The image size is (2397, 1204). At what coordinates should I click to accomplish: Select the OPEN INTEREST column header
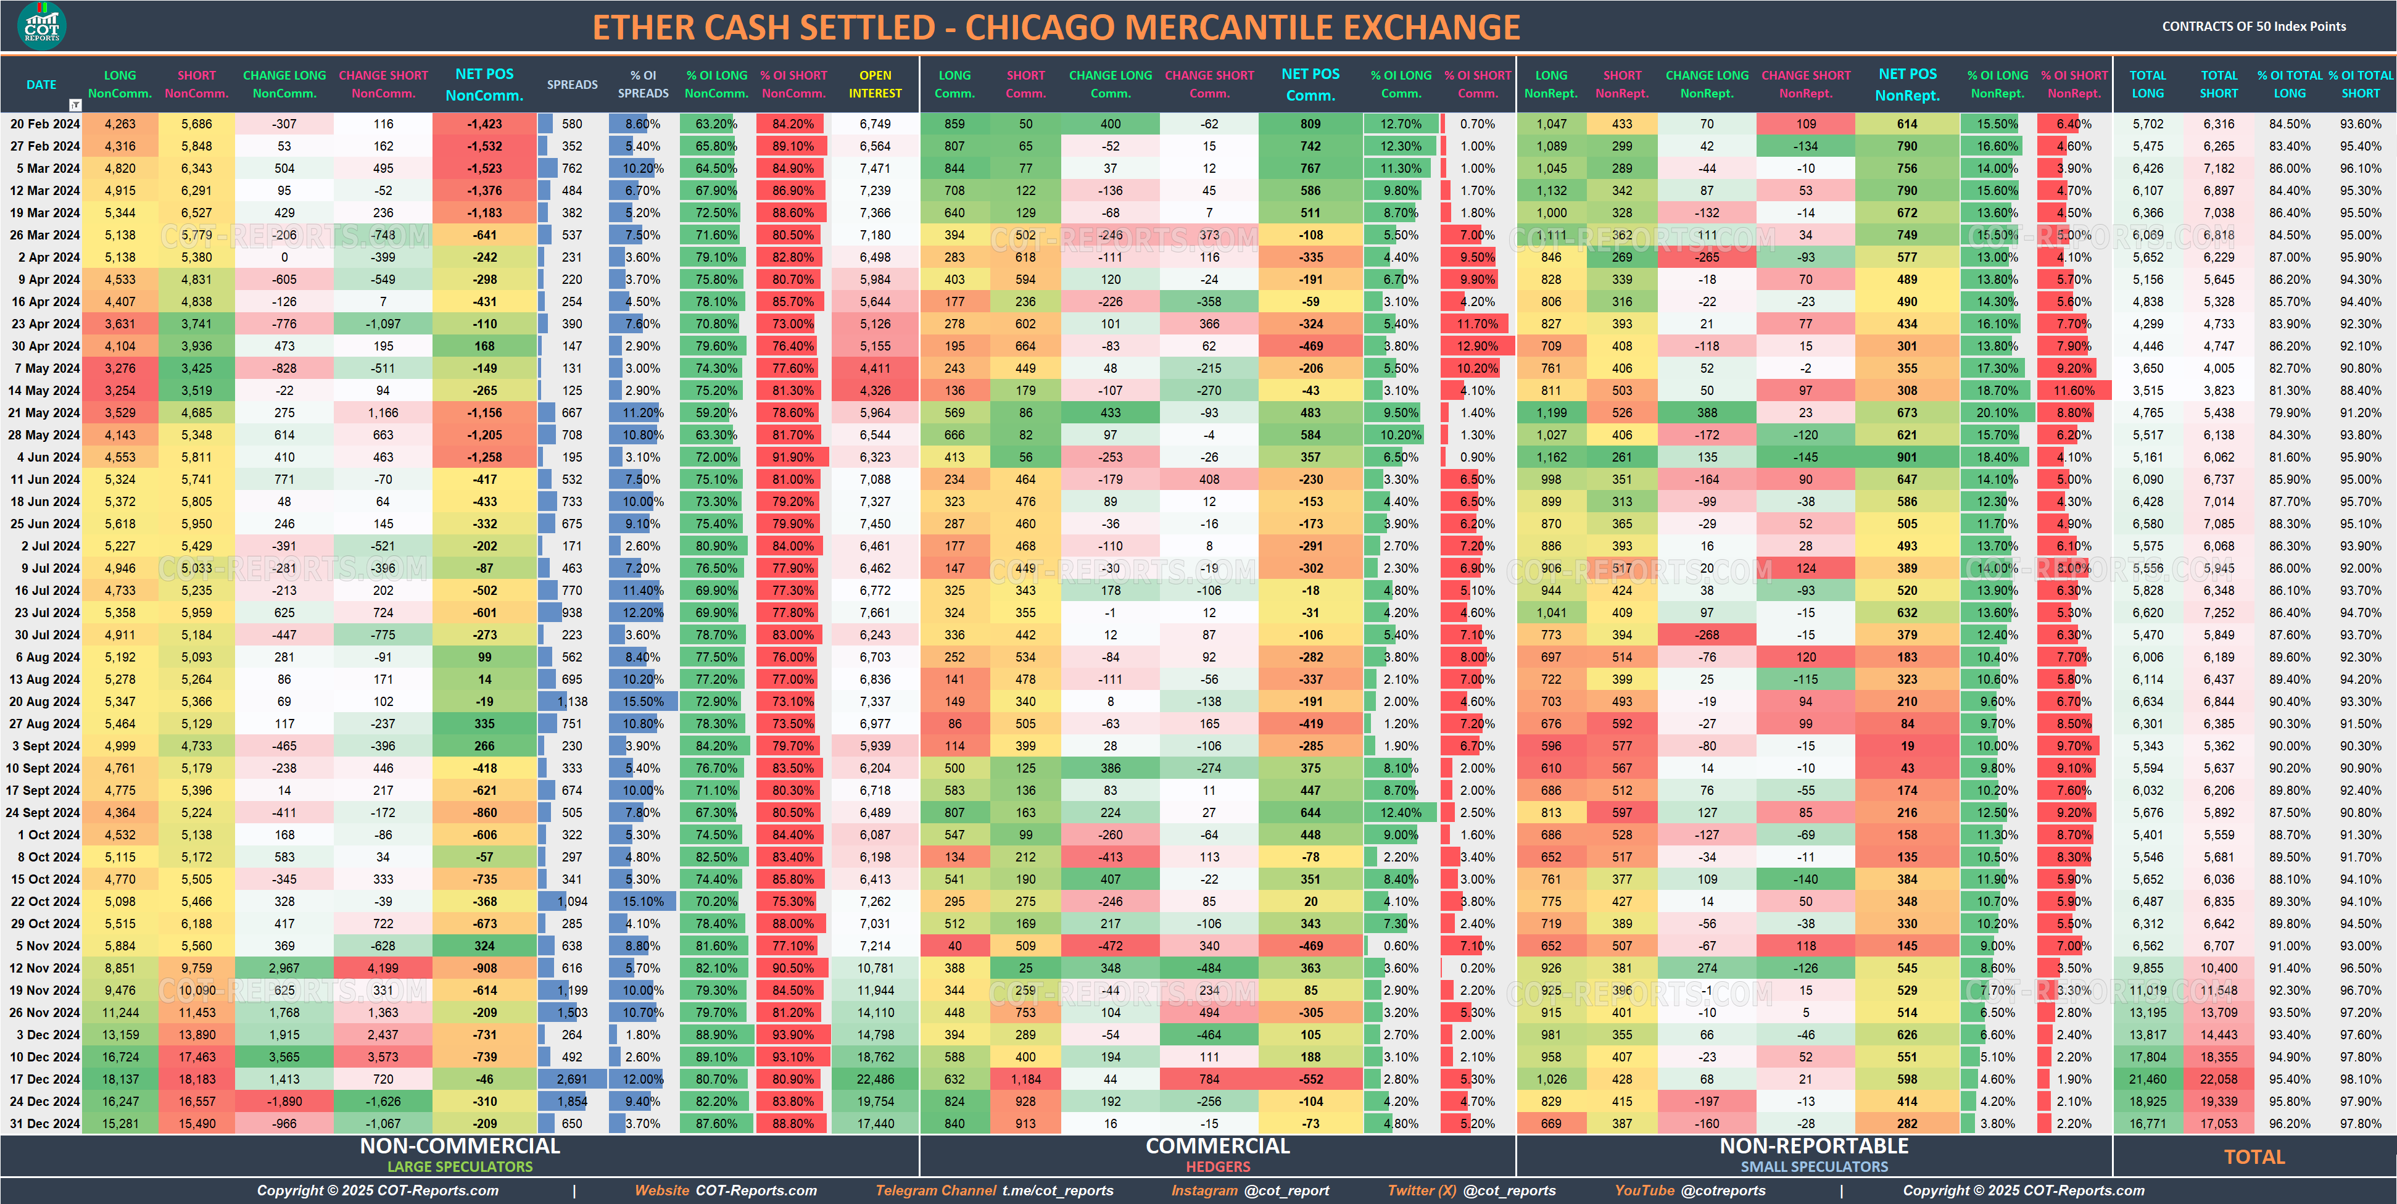click(x=875, y=84)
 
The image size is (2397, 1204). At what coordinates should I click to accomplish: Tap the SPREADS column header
click(x=571, y=85)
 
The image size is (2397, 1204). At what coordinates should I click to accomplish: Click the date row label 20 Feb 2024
click(x=44, y=124)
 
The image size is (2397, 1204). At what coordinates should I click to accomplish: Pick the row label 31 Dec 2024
click(x=44, y=1123)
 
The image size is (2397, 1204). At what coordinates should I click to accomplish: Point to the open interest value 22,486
click(x=875, y=1079)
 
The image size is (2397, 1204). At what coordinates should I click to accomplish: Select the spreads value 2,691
click(x=571, y=1079)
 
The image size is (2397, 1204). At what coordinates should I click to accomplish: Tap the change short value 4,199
click(x=383, y=968)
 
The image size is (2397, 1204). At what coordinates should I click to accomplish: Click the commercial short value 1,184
click(x=1025, y=1079)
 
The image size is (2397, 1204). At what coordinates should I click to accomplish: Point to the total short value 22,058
click(x=2218, y=1079)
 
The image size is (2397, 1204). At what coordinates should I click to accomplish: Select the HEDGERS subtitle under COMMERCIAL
click(x=1217, y=1167)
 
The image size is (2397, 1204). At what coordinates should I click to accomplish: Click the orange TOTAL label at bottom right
click(x=2254, y=1156)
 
